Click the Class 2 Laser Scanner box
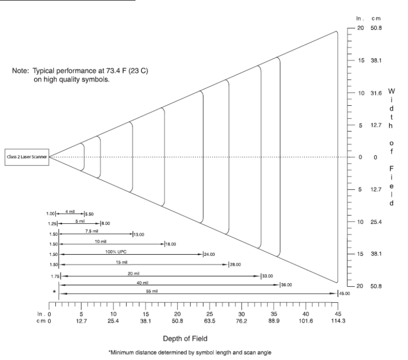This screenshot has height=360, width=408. (x=27, y=157)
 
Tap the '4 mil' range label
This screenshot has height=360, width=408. (x=70, y=211)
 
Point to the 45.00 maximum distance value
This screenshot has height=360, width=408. (x=344, y=294)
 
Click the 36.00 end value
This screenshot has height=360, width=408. (x=286, y=285)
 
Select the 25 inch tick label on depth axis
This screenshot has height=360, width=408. (x=210, y=314)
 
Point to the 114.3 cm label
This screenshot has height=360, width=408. (x=338, y=320)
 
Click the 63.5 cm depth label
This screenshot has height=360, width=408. (x=210, y=320)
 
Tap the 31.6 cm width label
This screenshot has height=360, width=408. (x=376, y=93)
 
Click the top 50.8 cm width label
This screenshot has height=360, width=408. (x=376, y=28)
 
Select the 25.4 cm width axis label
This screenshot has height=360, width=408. (x=376, y=221)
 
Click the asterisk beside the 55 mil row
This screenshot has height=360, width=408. (x=54, y=291)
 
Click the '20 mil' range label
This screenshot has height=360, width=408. (x=133, y=273)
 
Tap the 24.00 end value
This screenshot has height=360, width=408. (x=209, y=254)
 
